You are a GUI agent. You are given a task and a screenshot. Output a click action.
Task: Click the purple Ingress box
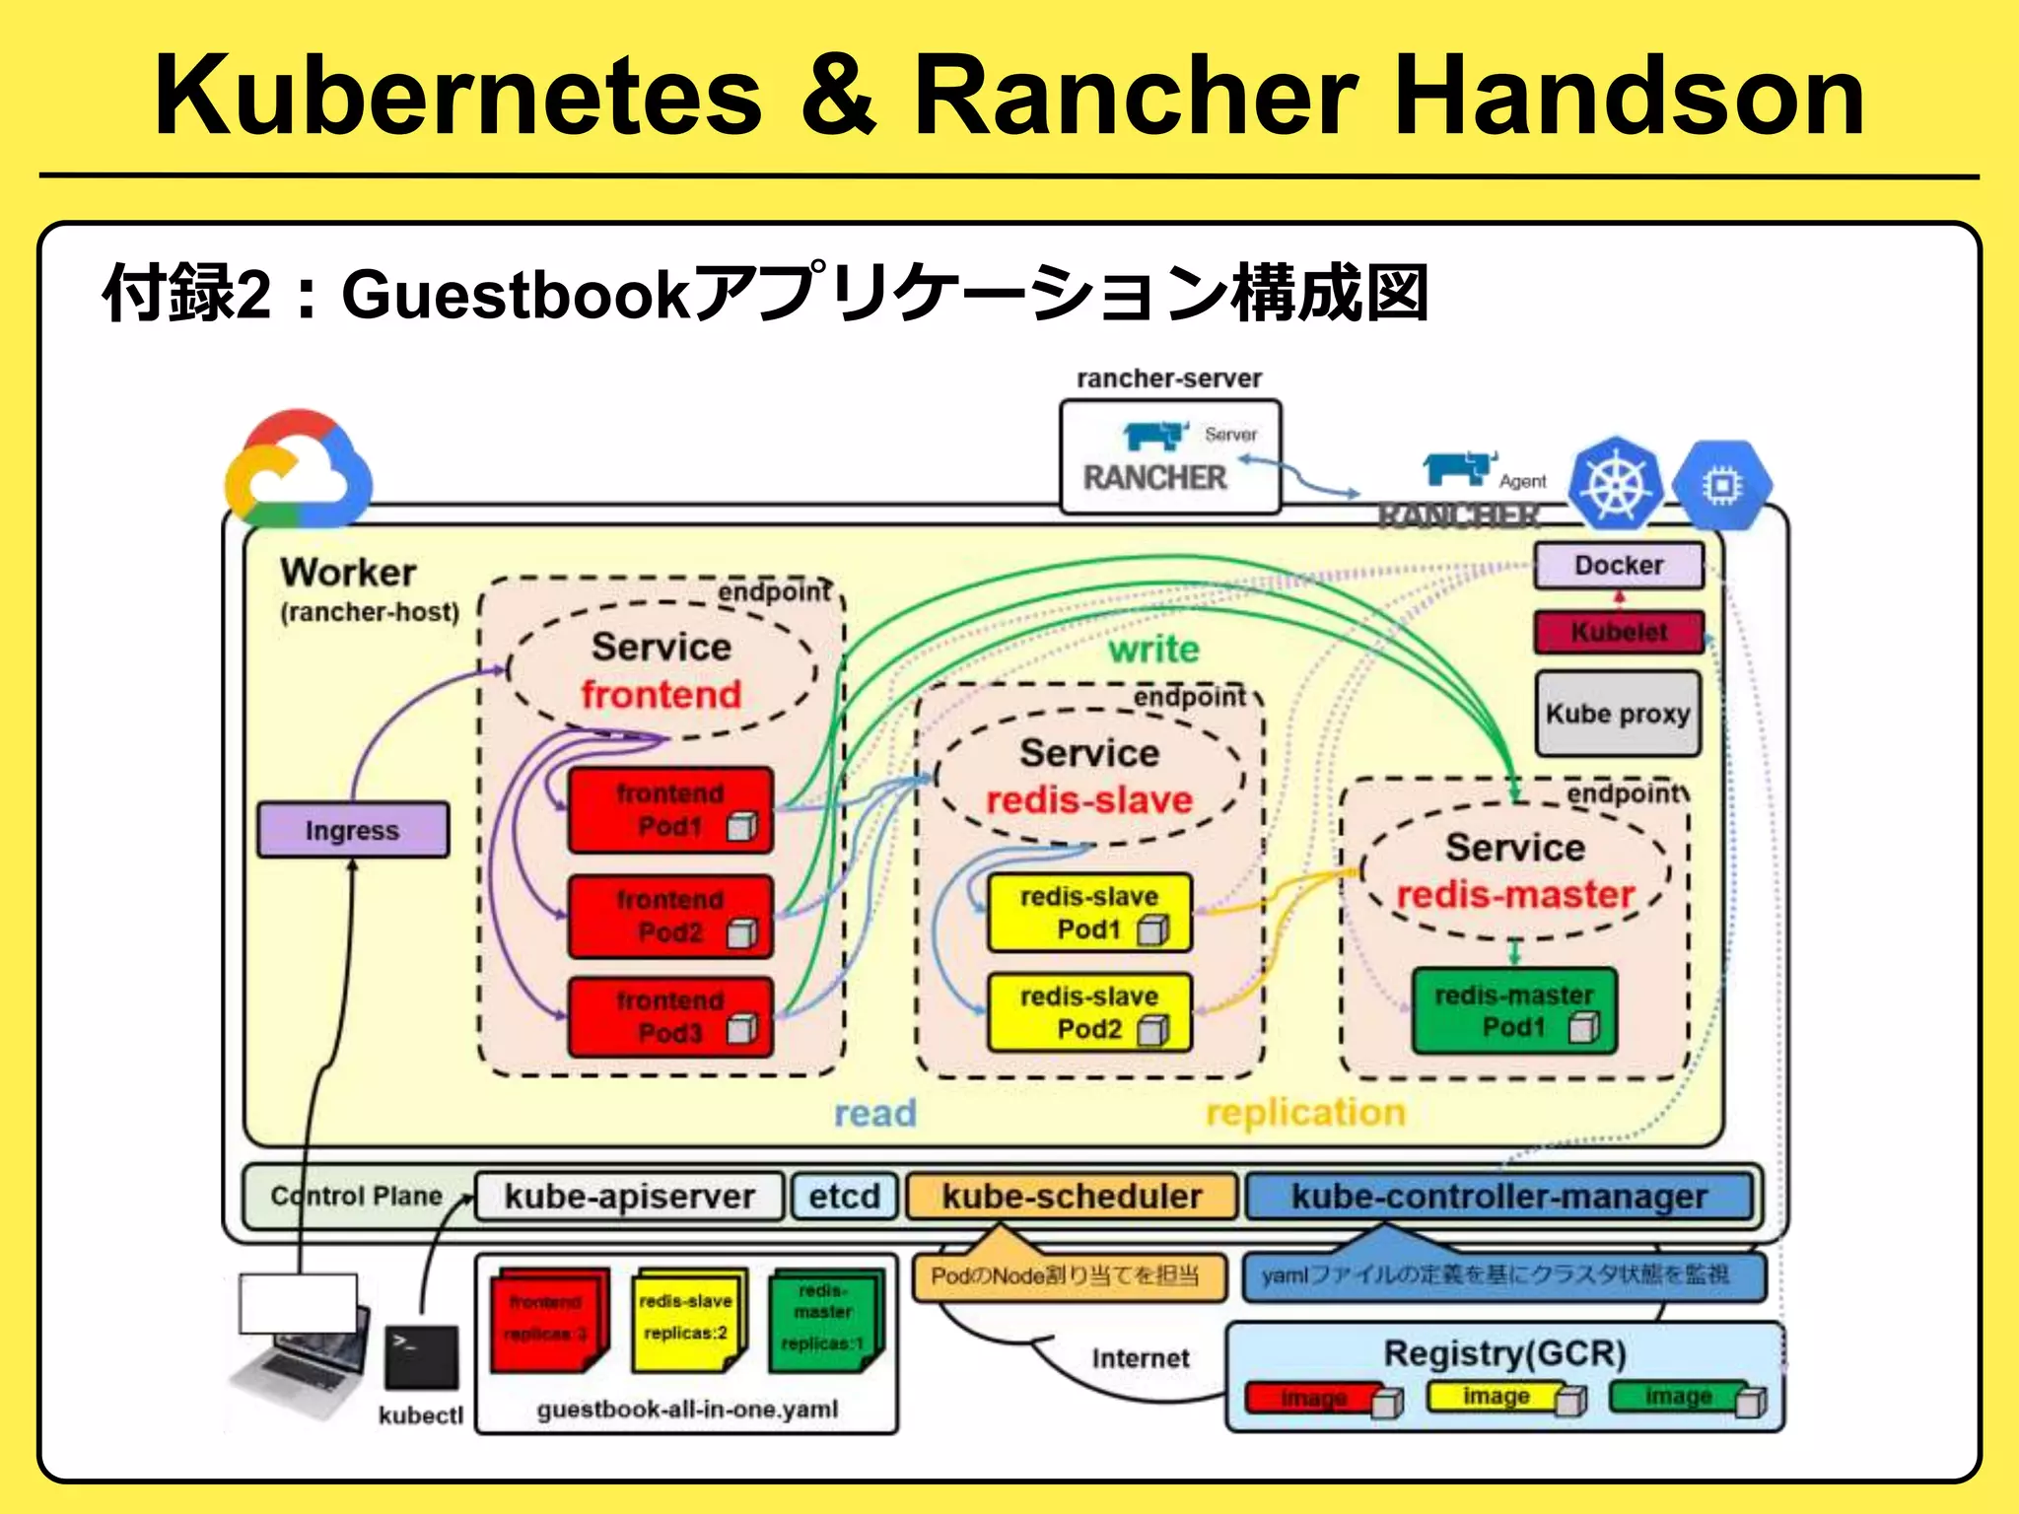[352, 830]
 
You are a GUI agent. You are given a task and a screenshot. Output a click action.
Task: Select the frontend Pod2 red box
[670, 916]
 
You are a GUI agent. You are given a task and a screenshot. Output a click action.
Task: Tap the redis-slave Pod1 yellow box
[1088, 913]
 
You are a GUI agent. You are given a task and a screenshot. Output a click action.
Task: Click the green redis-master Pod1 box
[1513, 1011]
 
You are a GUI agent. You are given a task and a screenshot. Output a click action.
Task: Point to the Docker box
[1618, 565]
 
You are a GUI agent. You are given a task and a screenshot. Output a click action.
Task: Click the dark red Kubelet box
[1618, 632]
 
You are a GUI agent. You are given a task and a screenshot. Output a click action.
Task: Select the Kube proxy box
[1617, 714]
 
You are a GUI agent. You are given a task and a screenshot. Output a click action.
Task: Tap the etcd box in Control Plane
[844, 1196]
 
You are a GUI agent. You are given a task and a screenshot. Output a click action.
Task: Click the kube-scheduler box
[1071, 1196]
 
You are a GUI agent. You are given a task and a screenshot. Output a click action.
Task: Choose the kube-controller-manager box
[1498, 1196]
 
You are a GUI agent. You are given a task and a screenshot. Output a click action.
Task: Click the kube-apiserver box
[629, 1196]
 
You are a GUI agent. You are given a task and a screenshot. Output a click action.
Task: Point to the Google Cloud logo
[298, 471]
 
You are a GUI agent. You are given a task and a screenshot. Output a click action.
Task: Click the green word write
[1153, 650]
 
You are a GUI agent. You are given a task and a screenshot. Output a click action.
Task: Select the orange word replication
[1304, 1112]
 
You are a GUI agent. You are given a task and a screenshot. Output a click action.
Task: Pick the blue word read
[874, 1113]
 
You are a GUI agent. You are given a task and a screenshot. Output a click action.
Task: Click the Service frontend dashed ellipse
[661, 670]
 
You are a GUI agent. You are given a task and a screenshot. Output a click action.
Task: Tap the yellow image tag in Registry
[1495, 1396]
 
